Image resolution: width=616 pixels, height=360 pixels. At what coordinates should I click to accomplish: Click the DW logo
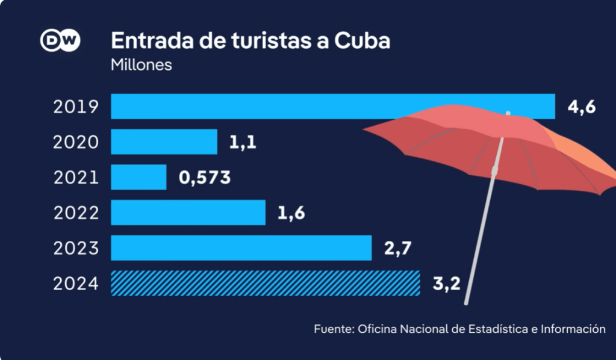pos(60,40)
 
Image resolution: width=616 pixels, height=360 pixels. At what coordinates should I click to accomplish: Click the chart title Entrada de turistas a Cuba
pos(250,40)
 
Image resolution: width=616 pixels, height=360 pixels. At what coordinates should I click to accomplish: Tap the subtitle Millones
pos(141,64)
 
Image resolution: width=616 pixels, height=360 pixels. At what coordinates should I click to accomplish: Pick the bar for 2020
pos(164,142)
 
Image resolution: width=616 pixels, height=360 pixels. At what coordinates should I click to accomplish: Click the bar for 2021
pos(138,177)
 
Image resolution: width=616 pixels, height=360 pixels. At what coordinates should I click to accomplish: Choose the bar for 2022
pos(188,213)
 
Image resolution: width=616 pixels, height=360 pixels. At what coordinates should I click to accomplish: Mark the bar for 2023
pos(241,248)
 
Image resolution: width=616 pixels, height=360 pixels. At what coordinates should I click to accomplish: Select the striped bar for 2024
pos(265,284)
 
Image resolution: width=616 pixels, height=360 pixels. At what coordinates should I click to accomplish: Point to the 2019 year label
pos(75,107)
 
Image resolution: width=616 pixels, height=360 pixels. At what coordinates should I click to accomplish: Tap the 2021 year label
pos(75,178)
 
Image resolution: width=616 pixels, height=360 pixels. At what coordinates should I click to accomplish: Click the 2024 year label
pos(75,284)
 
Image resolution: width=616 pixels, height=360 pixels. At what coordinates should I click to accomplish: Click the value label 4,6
pos(582,107)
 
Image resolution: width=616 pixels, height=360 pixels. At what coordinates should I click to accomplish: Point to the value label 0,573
pos(205,178)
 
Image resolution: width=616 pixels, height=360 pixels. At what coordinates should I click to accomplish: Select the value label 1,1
pos(243,143)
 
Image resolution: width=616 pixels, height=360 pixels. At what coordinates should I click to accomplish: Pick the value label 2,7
pos(397,248)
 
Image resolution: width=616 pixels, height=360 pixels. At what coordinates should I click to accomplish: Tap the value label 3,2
pos(446,284)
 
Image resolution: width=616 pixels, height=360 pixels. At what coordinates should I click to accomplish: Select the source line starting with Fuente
pos(459,329)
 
